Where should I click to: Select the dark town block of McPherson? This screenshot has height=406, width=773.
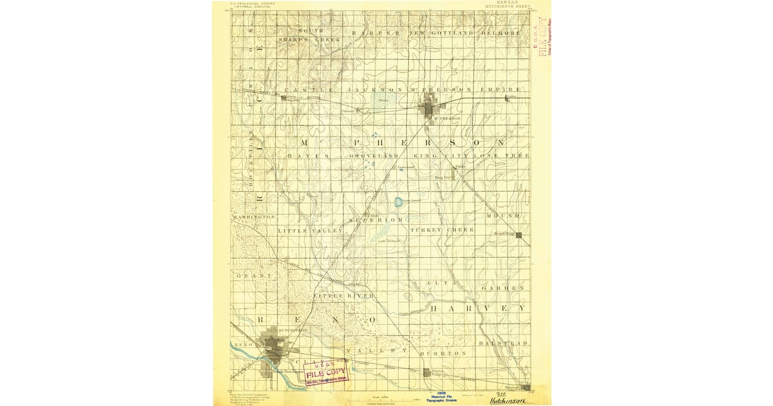pyautogui.click(x=430, y=108)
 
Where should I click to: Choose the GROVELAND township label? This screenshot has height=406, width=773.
pyautogui.click(x=374, y=156)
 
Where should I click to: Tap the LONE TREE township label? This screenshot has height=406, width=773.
pyautogui.click(x=502, y=156)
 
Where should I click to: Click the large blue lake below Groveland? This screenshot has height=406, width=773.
pyautogui.click(x=399, y=202)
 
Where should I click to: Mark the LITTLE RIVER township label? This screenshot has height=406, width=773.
pyautogui.click(x=343, y=296)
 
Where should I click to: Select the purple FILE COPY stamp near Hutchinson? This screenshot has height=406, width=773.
pyautogui.click(x=326, y=372)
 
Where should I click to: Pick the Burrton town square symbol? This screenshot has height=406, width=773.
pyautogui.click(x=427, y=372)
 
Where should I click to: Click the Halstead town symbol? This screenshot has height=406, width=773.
pyautogui.click(x=526, y=387)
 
